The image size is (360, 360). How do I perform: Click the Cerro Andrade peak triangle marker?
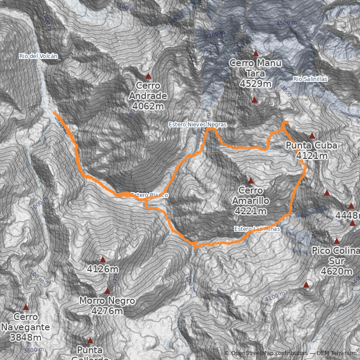point(148,76)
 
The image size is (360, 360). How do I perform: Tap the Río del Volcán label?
point(38,56)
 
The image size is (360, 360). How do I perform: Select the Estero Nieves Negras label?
point(197,124)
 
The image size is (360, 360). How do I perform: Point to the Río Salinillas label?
point(310,79)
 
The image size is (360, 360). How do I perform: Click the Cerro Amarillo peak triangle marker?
point(251,180)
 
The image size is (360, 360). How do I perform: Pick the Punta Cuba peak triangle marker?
point(312,135)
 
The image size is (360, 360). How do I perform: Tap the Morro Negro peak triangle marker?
point(107,291)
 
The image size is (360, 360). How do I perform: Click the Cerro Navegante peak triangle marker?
point(26,307)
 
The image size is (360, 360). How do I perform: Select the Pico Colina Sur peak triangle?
point(337,241)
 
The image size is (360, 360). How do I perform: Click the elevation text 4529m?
point(255,84)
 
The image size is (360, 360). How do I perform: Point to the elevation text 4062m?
point(148,106)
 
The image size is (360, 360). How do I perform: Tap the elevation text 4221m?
point(251,211)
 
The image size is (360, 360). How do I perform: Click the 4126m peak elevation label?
point(103,270)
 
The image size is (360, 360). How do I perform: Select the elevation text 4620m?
point(337,271)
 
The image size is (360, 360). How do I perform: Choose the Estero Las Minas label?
point(257,229)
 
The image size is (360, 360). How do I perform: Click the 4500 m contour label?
point(287,23)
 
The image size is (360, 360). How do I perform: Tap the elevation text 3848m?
point(26,337)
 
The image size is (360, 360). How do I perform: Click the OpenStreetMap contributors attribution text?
point(269,353)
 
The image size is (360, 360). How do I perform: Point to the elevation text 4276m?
point(107,311)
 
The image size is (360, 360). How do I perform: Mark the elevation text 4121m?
point(311,156)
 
